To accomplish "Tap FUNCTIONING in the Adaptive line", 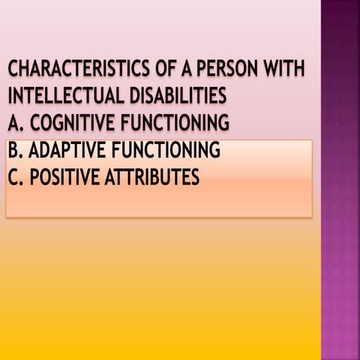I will click(165, 151).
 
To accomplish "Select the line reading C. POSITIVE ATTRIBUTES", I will click(104, 177).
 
